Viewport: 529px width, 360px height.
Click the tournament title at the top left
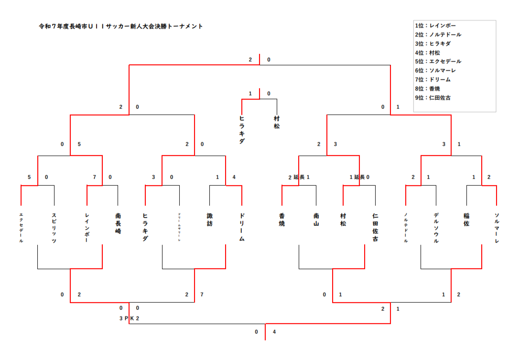coord(121,26)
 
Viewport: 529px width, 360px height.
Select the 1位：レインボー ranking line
coord(436,26)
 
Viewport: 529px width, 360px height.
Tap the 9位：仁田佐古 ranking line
coord(433,97)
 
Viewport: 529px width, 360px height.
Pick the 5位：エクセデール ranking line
coord(438,62)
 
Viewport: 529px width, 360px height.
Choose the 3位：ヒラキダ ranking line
coord(433,43)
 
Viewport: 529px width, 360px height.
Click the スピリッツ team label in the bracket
coord(54,228)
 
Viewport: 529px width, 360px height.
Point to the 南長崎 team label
coord(118,222)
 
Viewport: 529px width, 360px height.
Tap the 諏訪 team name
coord(210,219)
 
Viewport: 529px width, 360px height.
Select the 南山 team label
coord(316,219)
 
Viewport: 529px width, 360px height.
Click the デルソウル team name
coord(436,228)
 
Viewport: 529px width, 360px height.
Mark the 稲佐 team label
coord(466,219)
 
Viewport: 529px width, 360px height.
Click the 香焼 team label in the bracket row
coord(282,219)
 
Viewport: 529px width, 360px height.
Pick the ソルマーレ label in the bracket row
coord(497,228)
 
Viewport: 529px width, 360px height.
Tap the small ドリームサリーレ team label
coord(179,227)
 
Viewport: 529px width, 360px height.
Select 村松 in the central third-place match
coord(277,122)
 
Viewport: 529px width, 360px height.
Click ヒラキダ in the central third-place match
coord(242,129)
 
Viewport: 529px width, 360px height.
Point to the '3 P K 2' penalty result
coord(129,318)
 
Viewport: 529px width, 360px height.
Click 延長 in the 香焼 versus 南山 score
coord(299,177)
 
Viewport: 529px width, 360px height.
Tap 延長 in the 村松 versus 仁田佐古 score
coord(359,177)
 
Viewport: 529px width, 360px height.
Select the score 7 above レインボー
coord(95,177)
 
